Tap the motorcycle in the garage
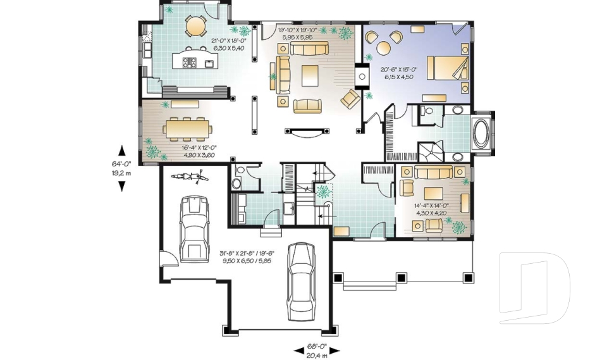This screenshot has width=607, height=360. pos(190,177)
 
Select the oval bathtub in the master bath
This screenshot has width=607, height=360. pos(481,133)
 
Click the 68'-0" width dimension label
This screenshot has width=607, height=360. pos(317,346)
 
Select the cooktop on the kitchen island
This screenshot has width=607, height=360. pos(189,63)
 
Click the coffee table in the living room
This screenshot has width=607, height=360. pos(310,75)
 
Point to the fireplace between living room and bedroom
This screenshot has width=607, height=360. pos(362,77)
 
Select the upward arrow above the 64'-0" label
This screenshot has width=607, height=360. pos(122,151)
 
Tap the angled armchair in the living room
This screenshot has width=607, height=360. pos(351,99)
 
